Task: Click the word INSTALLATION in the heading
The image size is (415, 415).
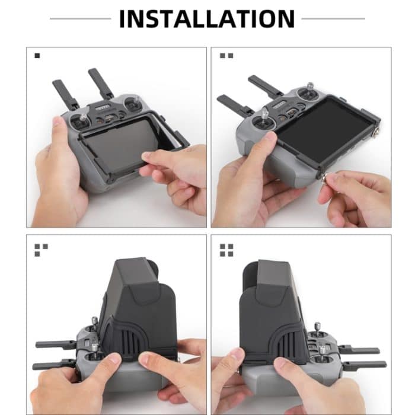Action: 207,18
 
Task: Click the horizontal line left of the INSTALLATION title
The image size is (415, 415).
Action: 80,18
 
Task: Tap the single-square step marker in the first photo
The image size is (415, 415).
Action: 37,56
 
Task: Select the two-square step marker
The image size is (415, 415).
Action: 226,56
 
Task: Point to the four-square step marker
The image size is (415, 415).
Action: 226,250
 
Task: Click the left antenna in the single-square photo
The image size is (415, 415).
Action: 65,94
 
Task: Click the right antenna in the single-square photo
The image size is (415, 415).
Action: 101,84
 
